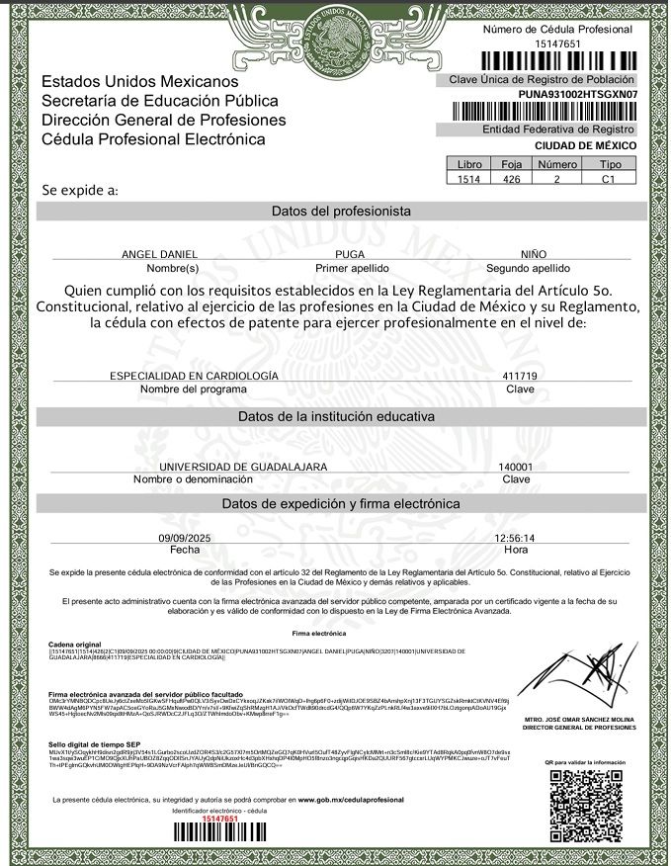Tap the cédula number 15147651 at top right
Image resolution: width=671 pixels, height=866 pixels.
(x=557, y=44)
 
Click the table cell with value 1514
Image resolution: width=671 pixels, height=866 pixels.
(x=469, y=180)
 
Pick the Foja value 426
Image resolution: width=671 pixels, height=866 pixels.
(x=511, y=180)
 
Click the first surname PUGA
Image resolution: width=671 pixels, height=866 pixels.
(x=351, y=254)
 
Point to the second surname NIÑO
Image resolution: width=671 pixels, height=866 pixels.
(x=534, y=254)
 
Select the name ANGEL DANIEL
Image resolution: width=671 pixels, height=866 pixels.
(x=159, y=254)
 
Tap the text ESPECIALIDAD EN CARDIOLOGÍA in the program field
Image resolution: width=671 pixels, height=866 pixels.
(x=194, y=376)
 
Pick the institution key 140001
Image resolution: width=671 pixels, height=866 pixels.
(x=515, y=466)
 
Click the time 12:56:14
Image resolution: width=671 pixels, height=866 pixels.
(x=514, y=537)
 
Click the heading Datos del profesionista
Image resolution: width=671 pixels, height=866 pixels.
(x=341, y=212)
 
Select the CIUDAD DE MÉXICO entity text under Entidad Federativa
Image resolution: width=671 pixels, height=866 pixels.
(x=585, y=145)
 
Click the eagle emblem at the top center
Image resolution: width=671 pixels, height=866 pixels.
(x=341, y=37)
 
